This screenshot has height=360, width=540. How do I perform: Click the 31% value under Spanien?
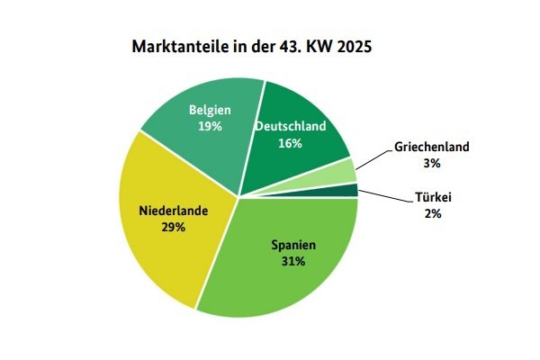[292, 261]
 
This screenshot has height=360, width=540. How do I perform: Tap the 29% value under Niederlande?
[174, 228]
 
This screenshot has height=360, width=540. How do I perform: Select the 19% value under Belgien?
[210, 126]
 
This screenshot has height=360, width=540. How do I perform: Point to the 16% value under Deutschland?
[289, 142]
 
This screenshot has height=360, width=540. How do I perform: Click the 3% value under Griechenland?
[432, 163]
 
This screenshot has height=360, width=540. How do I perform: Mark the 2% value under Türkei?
[432, 212]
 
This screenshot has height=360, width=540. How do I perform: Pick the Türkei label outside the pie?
[432, 197]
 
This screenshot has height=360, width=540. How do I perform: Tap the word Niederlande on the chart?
[174, 211]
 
